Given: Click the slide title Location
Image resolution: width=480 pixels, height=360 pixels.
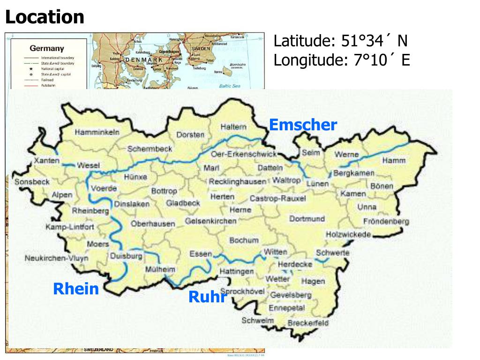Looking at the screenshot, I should [45, 17].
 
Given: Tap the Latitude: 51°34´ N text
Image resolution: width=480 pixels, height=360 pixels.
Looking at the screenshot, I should [340, 41].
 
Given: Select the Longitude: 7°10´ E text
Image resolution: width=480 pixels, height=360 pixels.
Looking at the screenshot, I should [342, 60].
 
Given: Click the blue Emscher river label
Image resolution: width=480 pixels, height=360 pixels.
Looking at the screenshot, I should [303, 125].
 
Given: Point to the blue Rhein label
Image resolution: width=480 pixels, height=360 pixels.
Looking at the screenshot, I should [76, 289].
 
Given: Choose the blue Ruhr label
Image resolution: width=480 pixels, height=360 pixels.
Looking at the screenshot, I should [208, 296].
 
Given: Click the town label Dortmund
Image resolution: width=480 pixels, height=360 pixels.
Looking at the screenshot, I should [307, 219].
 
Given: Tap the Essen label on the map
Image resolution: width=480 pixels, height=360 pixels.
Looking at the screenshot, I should [201, 254].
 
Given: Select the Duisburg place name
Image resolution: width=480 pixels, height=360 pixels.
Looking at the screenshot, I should [126, 256].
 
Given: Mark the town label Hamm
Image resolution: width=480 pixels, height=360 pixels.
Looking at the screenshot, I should [394, 160].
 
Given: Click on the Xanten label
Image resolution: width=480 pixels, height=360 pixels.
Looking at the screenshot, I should [47, 161].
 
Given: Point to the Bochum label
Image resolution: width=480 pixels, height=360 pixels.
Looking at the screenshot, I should [244, 240].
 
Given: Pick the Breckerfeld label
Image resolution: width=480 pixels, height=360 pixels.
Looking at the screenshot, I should [308, 323].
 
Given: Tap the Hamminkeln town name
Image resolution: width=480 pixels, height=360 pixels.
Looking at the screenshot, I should [97, 133].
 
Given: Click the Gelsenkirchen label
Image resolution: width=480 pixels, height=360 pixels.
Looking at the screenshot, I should [210, 221].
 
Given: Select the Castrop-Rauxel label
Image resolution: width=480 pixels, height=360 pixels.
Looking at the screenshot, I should [277, 198].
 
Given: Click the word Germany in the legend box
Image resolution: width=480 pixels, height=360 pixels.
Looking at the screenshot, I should [47, 48].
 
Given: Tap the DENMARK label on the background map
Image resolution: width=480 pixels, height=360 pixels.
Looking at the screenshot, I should [143, 60].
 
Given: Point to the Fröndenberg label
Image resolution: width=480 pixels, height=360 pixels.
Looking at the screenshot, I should [386, 221].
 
